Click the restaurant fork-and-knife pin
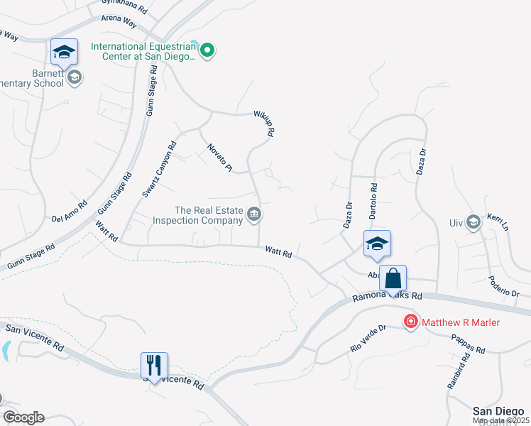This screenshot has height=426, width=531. (154, 366)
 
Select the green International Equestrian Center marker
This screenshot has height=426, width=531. (207, 50)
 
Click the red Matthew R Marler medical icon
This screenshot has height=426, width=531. (410, 322)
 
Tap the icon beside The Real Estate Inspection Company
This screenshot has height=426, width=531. (253, 214)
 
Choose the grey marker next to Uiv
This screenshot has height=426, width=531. (473, 223)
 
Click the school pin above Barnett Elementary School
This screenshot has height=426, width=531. (65, 52)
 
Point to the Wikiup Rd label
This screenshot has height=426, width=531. (264, 122)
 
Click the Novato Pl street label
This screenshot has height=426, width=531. (219, 158)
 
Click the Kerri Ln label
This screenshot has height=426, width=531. (498, 222)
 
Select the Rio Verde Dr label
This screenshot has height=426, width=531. (368, 338)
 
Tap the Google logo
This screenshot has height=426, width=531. (23, 417)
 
